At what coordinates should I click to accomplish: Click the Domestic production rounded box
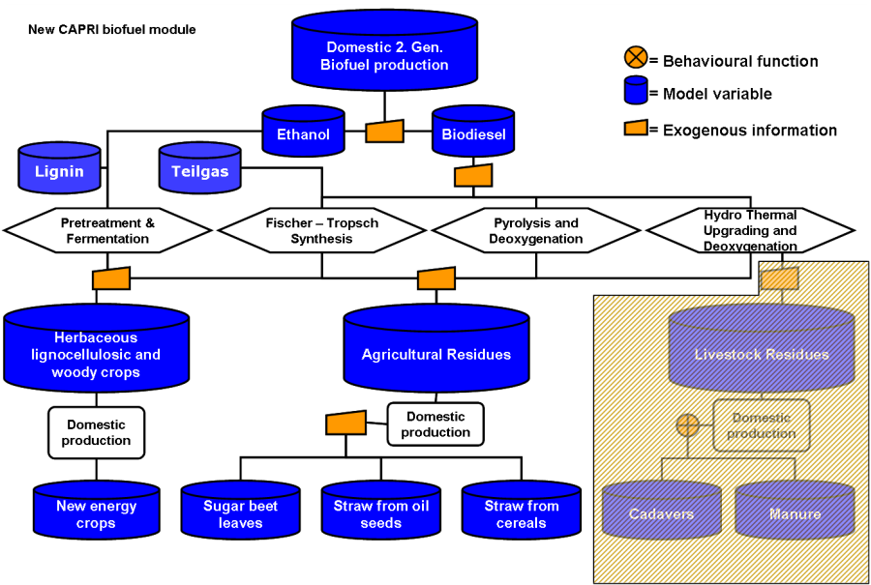[762, 425]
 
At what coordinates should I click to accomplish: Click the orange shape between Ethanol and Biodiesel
[384, 132]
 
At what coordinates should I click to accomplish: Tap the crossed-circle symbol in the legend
[636, 57]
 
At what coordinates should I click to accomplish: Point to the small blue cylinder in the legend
[636, 91]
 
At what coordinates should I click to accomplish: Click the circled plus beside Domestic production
[687, 424]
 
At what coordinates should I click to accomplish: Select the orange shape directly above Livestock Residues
[779, 279]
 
